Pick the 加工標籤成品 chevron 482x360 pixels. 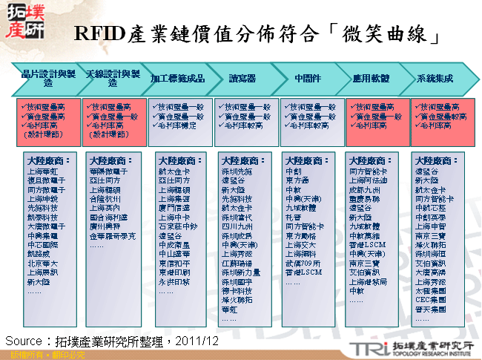(x=176, y=77)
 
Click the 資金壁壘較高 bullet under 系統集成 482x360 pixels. (x=443, y=117)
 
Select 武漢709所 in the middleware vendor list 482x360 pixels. (x=303, y=262)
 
